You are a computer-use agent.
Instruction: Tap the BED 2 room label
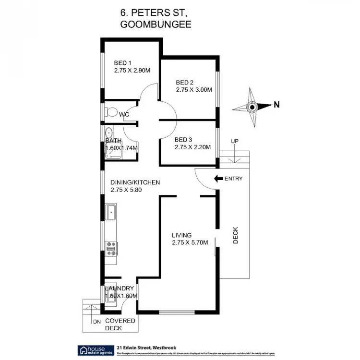185,82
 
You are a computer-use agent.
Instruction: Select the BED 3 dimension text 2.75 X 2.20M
192,147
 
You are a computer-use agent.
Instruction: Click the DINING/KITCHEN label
135,182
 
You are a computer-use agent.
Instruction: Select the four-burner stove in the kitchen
111,248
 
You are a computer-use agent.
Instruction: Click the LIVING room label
182,235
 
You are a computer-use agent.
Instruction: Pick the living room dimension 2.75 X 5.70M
190,243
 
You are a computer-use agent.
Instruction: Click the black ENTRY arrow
218,179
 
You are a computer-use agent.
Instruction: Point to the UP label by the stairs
234,141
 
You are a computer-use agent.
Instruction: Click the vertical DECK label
236,236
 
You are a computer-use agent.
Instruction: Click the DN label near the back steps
96,322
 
